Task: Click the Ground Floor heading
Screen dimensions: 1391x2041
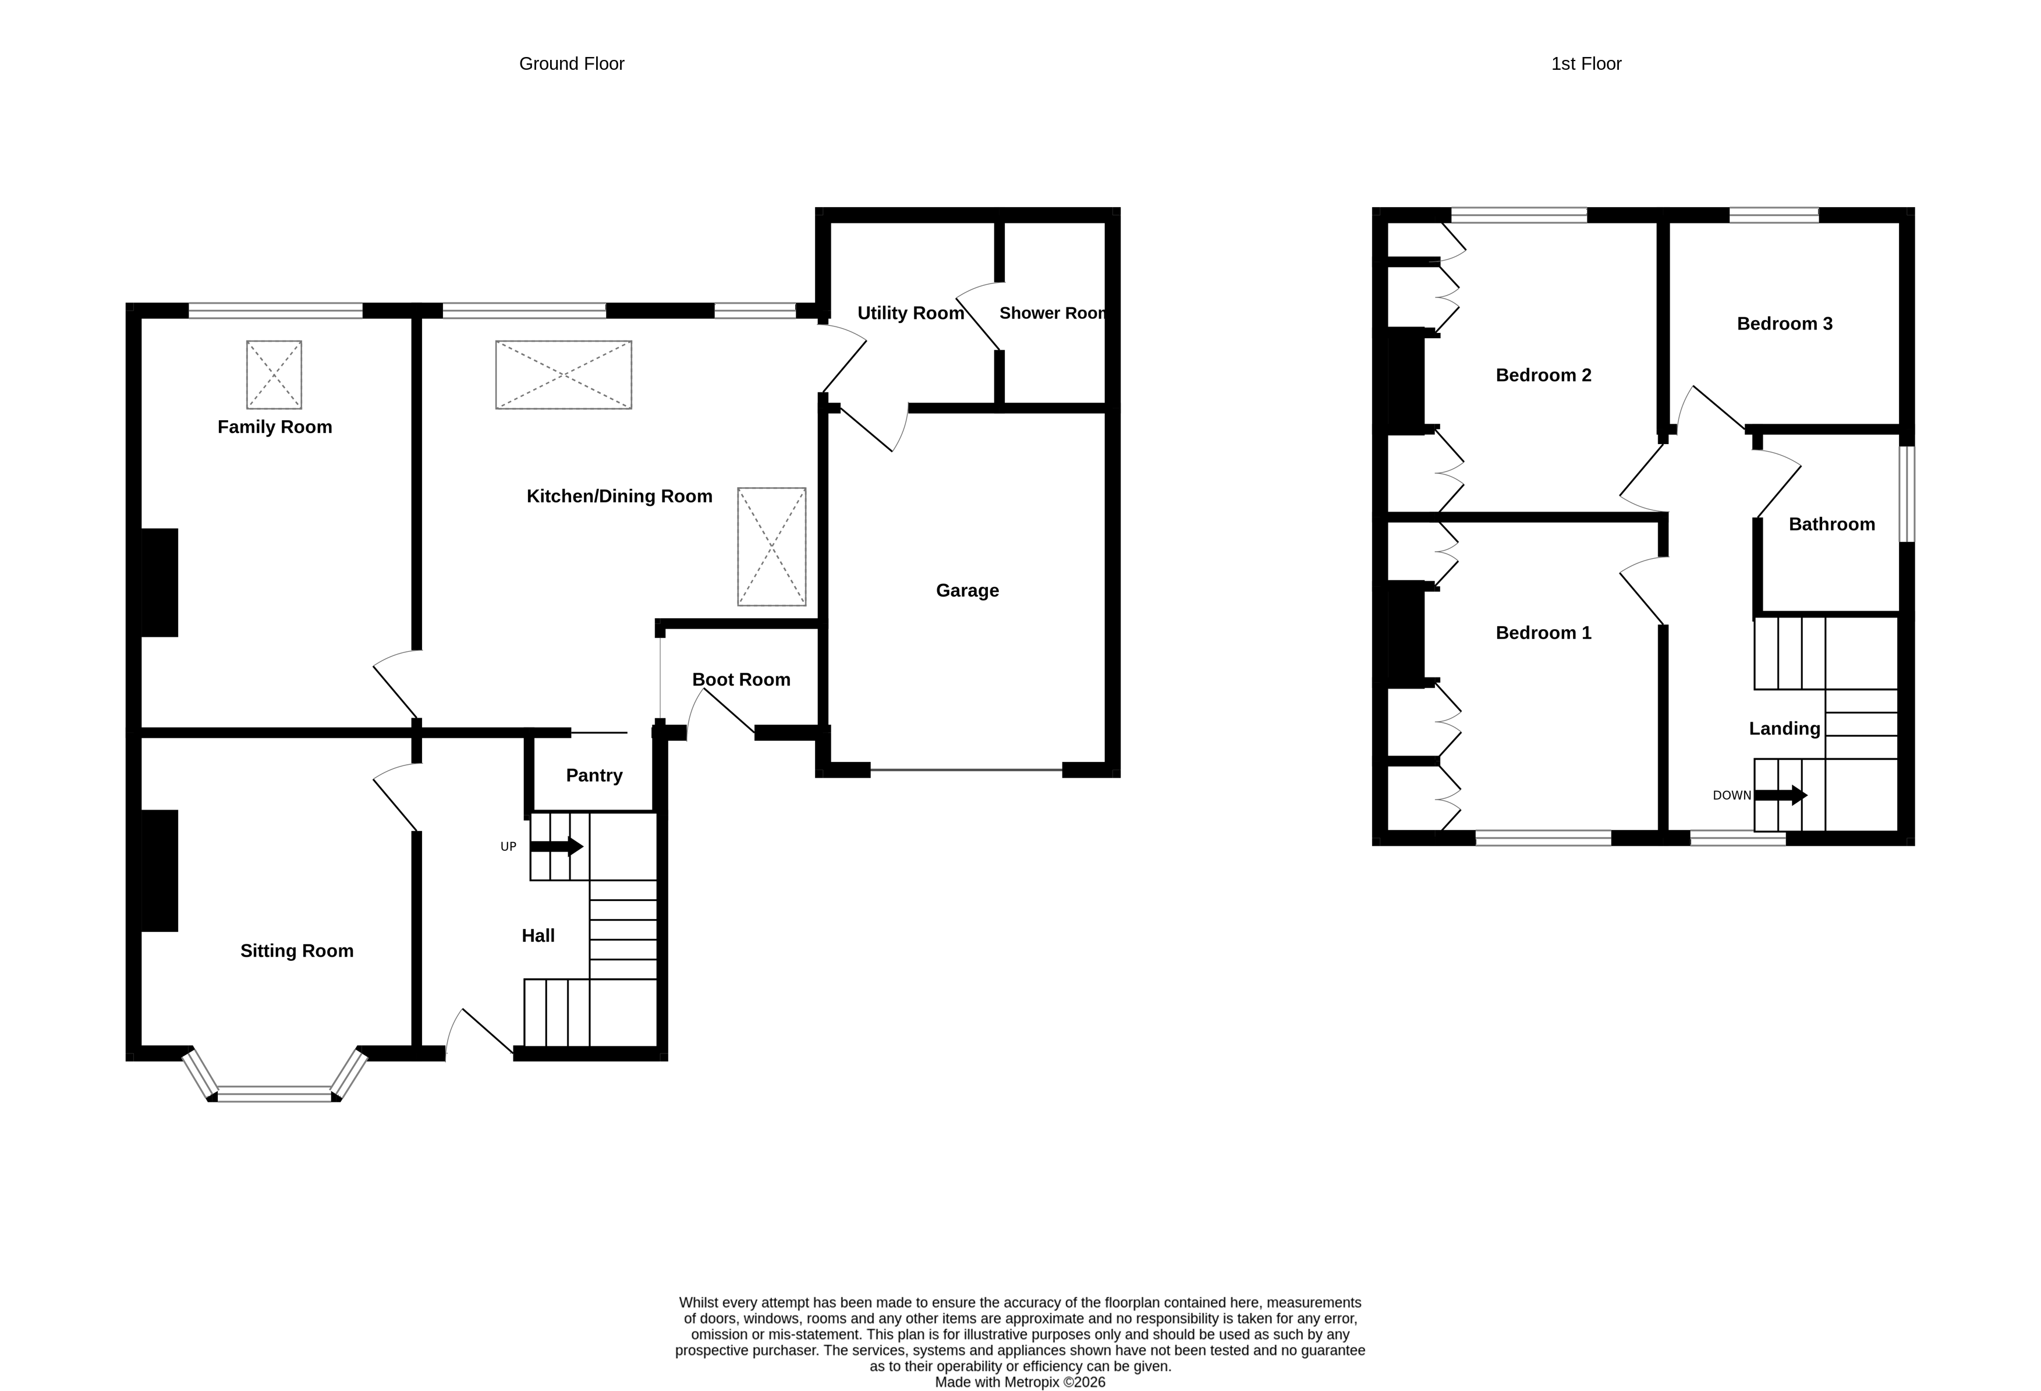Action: [x=571, y=63]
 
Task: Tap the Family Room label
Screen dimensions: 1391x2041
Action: [x=274, y=427]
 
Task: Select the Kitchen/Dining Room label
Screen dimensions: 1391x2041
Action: [x=619, y=496]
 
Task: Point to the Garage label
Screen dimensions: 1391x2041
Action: [x=967, y=590]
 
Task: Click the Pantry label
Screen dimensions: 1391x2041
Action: [x=594, y=775]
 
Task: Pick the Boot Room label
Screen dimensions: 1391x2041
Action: [x=740, y=680]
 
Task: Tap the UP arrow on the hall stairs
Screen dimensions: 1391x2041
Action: [x=557, y=847]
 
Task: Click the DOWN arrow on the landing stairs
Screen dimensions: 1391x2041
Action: [x=1780, y=796]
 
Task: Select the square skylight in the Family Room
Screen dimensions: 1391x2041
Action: [x=274, y=375]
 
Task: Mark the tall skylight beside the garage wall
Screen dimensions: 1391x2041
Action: [x=771, y=546]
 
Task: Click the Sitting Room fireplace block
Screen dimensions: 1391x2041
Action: [x=160, y=870]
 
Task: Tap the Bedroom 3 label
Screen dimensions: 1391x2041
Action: [x=1784, y=323]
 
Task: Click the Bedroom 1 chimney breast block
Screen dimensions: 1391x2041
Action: [x=1405, y=633]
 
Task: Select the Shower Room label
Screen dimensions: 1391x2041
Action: [x=1052, y=314]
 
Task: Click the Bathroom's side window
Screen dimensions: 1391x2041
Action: [x=1907, y=494]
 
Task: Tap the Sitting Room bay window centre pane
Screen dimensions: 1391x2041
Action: [x=274, y=1094]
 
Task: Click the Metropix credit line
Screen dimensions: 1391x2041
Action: [x=1019, y=1382]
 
